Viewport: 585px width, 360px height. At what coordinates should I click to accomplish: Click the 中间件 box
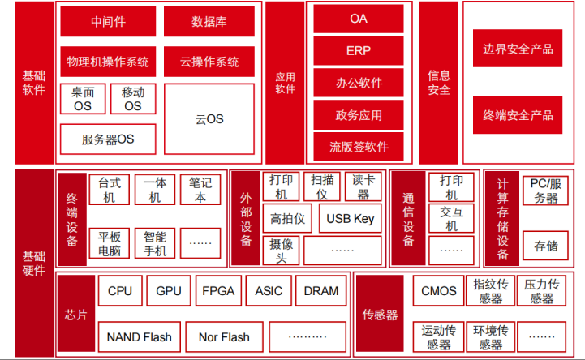point(108,22)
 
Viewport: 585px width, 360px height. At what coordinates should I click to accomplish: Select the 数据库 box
point(209,22)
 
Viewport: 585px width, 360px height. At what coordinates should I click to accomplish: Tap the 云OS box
point(209,118)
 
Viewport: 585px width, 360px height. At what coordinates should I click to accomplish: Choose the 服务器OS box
point(108,139)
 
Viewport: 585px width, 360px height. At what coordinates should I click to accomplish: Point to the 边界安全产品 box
point(517,49)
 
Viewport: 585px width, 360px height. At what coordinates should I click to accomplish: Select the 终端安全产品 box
point(517,115)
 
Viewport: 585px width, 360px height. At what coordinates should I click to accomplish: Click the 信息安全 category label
point(439,83)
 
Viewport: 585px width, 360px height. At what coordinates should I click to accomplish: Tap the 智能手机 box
point(155,243)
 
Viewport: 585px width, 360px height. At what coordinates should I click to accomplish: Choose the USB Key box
point(351,218)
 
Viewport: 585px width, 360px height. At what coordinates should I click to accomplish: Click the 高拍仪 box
point(287,218)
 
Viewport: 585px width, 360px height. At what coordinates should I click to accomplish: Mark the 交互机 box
point(451,218)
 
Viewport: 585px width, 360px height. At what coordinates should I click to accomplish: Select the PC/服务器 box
point(545,191)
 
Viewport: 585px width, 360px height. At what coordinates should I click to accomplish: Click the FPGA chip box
point(218,291)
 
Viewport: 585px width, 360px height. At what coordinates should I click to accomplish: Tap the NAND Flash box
point(139,336)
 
